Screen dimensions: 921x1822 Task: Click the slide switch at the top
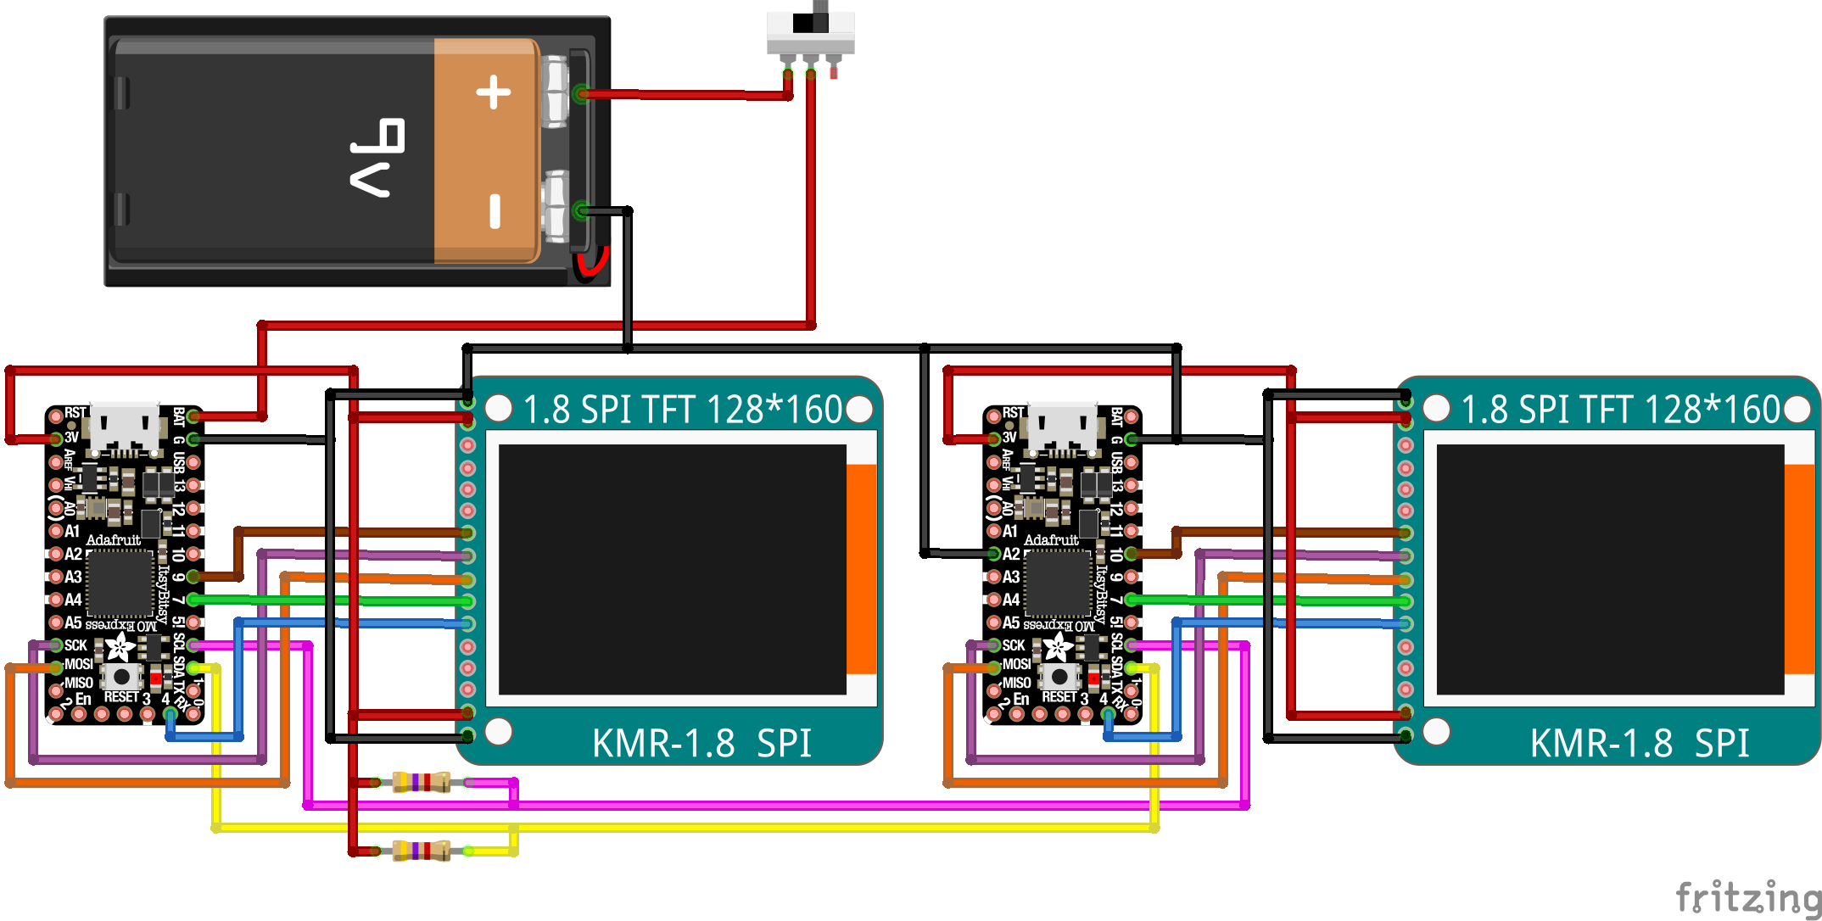click(x=810, y=34)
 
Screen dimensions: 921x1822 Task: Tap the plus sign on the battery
click(x=493, y=92)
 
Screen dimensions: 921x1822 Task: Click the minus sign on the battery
click(x=495, y=210)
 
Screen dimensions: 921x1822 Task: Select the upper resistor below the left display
click(x=421, y=782)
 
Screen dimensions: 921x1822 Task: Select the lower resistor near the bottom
click(x=421, y=851)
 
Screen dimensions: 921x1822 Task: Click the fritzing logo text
click(x=1747, y=896)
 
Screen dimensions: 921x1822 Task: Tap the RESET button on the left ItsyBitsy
click(x=122, y=676)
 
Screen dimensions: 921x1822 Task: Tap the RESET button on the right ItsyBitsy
click(x=1059, y=676)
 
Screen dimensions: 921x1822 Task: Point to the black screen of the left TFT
click(x=672, y=569)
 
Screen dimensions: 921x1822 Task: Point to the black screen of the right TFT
click(x=1610, y=569)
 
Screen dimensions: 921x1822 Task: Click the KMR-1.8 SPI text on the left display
click(x=701, y=744)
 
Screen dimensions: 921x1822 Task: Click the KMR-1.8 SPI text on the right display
click(x=1640, y=744)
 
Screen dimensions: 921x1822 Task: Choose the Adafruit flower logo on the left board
click(x=120, y=648)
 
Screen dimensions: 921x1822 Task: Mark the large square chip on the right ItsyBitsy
click(x=1058, y=583)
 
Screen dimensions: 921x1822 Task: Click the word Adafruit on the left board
click(x=113, y=540)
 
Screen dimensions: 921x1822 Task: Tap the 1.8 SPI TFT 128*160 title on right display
click(x=1620, y=410)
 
